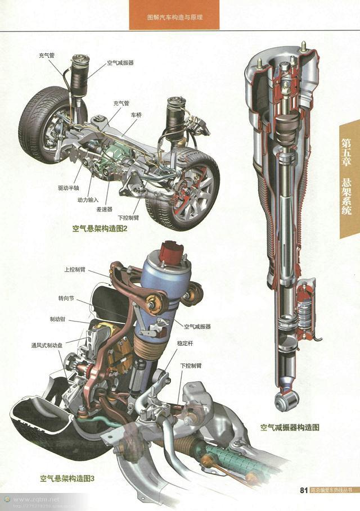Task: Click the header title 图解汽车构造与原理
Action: [174, 17]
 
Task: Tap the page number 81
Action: [304, 490]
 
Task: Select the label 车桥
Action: [137, 114]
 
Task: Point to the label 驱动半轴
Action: [68, 188]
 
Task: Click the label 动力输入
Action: [88, 200]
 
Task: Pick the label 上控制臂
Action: [75, 270]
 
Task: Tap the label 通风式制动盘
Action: [49, 345]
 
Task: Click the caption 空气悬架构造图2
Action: [100, 229]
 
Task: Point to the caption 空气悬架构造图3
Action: [67, 479]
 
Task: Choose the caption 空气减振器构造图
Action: [290, 427]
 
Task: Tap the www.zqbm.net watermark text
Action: [36, 499]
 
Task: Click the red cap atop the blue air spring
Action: [170, 251]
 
